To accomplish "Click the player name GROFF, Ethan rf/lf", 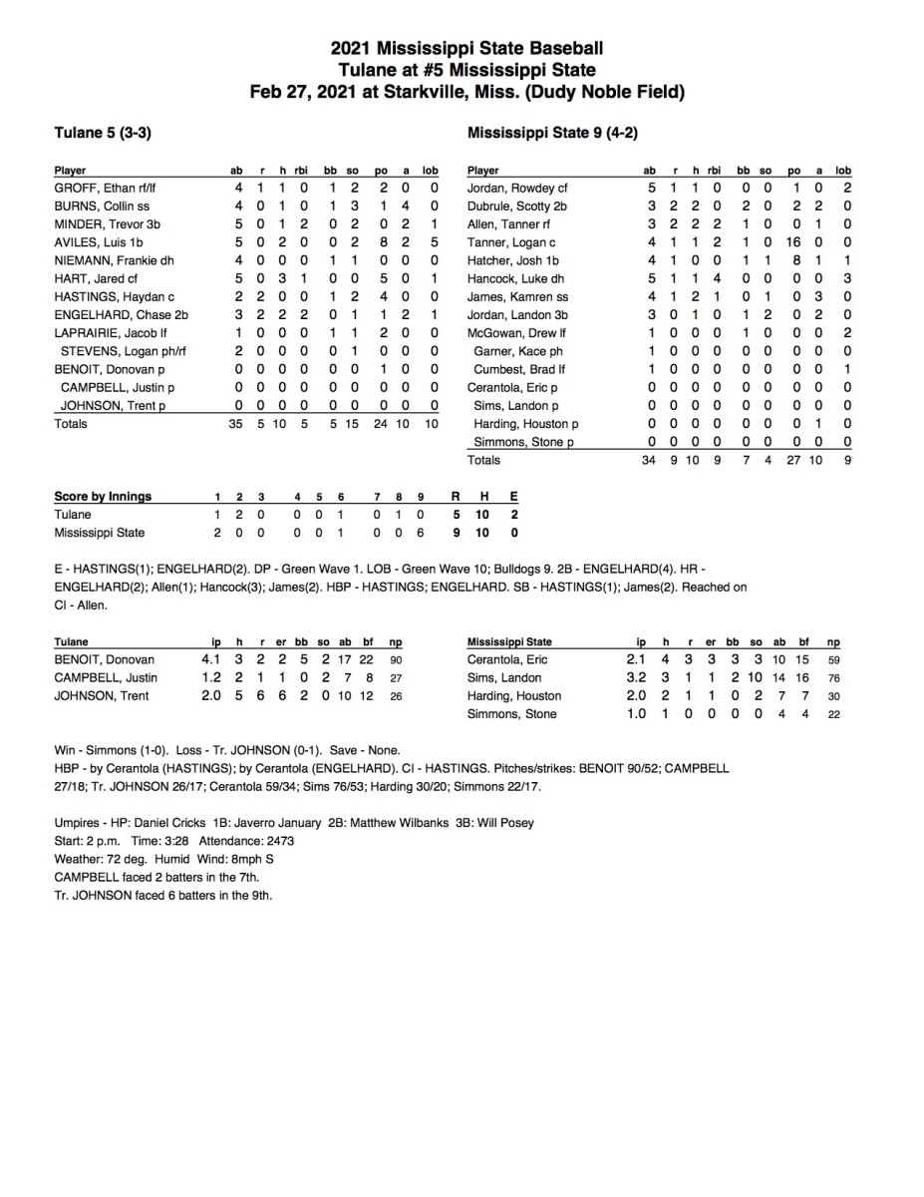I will point(99,188).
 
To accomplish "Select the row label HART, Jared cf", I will point(89,278).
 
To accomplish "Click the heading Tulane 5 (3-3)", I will point(102,132).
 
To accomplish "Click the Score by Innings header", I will point(103,497).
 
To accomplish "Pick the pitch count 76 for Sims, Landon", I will point(832,678).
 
